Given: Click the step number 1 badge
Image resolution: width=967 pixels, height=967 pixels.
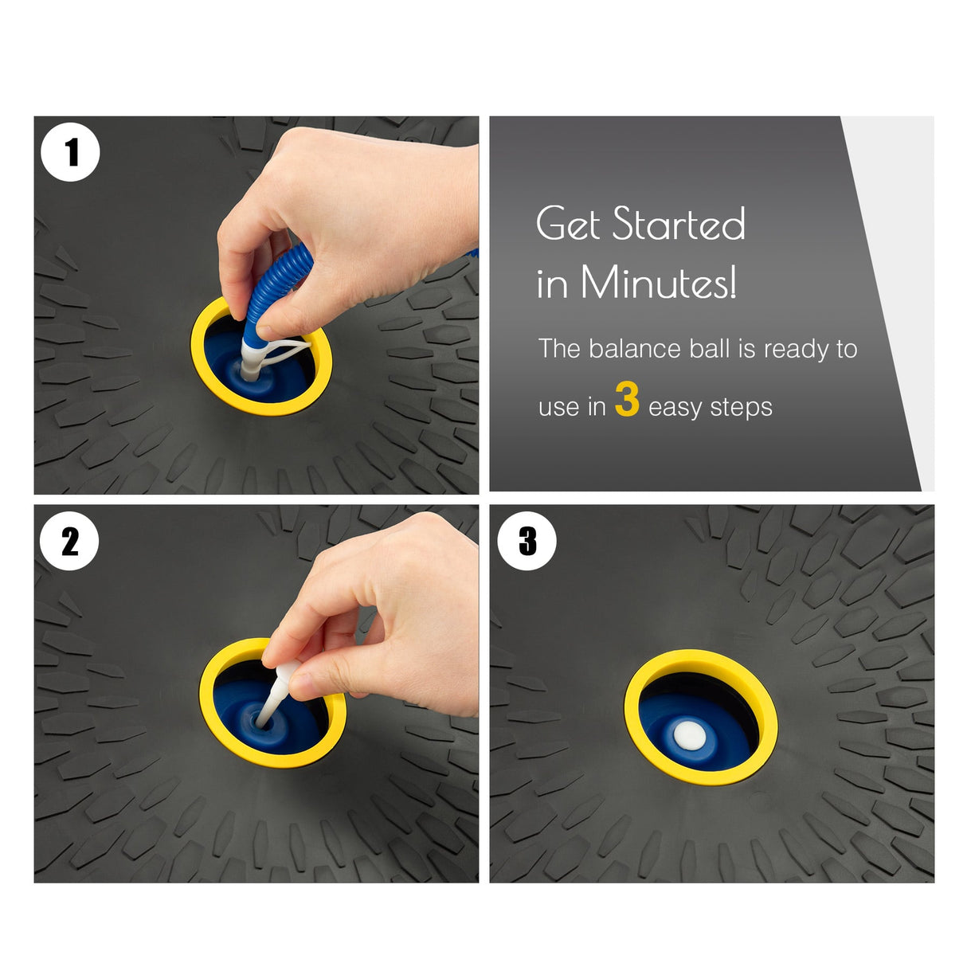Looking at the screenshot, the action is pos(70,152).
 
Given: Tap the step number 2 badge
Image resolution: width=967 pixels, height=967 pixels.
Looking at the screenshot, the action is pos(70,541).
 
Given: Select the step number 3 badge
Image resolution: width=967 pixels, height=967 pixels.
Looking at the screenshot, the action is pos(527,541).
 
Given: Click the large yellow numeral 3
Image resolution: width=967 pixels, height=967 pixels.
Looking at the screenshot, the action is pos(627,399).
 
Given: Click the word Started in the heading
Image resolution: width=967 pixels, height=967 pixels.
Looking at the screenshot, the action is pos(679,223).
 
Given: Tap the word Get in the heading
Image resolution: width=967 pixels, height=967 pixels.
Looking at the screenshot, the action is pos(568,223).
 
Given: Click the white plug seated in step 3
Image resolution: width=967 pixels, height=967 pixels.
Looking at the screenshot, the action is pos(690,736).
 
